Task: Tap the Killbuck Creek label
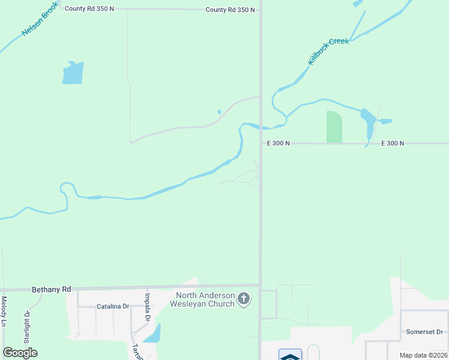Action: point(328,52)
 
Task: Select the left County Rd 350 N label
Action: point(89,8)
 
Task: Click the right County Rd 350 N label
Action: point(230,10)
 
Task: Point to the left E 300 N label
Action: point(279,143)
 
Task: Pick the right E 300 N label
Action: point(393,143)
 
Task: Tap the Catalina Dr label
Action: point(113,306)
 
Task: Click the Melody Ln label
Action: point(4,311)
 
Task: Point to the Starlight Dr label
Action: point(27,326)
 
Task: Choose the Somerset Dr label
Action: point(424,332)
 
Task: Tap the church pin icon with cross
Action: point(243,298)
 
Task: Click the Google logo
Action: point(20,353)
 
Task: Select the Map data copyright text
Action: point(424,355)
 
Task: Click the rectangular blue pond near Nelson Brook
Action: point(73,73)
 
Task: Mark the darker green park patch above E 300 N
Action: point(334,127)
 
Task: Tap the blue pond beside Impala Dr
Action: point(152,334)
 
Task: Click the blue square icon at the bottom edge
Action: point(290,355)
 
